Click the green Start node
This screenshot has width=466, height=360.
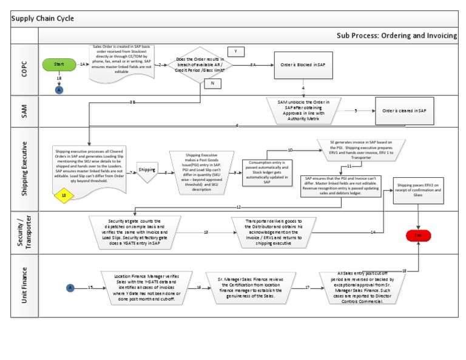point(59,64)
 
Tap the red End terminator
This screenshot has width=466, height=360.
point(418,234)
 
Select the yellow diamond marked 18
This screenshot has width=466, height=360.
point(64,196)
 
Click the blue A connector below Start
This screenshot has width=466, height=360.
point(59,89)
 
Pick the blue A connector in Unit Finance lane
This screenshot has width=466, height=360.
point(70,287)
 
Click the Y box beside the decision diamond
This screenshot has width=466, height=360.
point(235,52)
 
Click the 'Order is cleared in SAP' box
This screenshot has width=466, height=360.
point(404,110)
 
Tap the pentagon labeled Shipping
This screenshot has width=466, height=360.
point(147,171)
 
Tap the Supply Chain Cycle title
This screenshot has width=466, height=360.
point(42,18)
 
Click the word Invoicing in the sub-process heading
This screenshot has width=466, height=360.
point(440,36)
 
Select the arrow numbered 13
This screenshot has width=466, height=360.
point(206,232)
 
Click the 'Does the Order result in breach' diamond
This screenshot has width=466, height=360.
point(200,64)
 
